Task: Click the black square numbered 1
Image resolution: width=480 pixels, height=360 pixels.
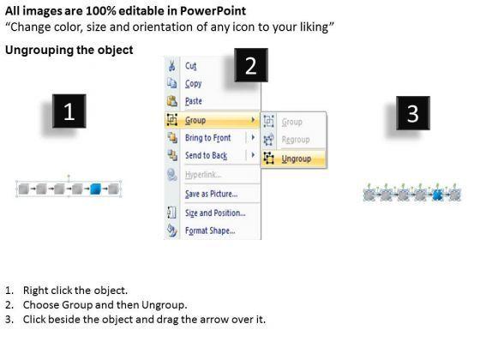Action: point(69,111)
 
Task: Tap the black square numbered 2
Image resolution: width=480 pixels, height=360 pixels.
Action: point(251,65)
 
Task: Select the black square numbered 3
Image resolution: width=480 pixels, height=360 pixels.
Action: point(413,113)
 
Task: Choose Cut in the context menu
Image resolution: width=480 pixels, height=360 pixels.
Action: point(190,66)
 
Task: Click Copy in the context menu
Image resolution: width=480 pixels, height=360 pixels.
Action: point(193,84)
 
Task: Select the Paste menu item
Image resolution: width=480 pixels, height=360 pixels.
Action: point(194,101)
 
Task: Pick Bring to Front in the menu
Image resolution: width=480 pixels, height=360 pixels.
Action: point(207,138)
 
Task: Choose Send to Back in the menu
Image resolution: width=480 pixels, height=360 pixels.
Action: point(206,155)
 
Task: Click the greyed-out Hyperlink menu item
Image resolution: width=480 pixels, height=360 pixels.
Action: point(203,175)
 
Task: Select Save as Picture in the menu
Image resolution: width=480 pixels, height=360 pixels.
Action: point(211,194)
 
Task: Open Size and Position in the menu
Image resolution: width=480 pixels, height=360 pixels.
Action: point(215,213)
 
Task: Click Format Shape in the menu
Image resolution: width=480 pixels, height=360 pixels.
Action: point(210,231)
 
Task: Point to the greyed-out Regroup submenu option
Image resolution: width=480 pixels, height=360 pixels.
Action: point(296,140)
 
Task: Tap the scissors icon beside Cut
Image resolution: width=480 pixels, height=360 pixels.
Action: point(172,66)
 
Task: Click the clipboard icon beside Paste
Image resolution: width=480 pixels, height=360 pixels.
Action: point(172,101)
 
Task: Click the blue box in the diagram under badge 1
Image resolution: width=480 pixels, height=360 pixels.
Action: point(95,189)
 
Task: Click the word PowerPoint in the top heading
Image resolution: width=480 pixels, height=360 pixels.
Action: point(213,11)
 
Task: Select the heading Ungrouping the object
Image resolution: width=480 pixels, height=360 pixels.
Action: point(69,50)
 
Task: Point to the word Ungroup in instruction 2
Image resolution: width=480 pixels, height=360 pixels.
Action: point(163,305)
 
